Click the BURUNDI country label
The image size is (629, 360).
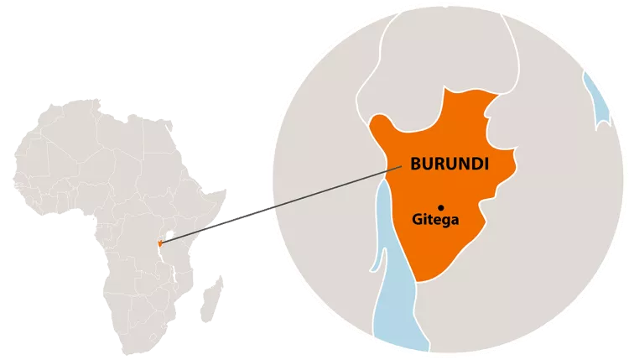(x=450, y=164)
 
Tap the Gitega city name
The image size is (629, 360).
(x=436, y=220)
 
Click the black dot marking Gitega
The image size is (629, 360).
(x=440, y=206)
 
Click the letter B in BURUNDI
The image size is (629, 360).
(x=416, y=164)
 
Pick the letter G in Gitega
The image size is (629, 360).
(x=418, y=220)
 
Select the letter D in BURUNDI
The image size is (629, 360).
(x=477, y=164)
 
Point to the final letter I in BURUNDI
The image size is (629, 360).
(x=486, y=164)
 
